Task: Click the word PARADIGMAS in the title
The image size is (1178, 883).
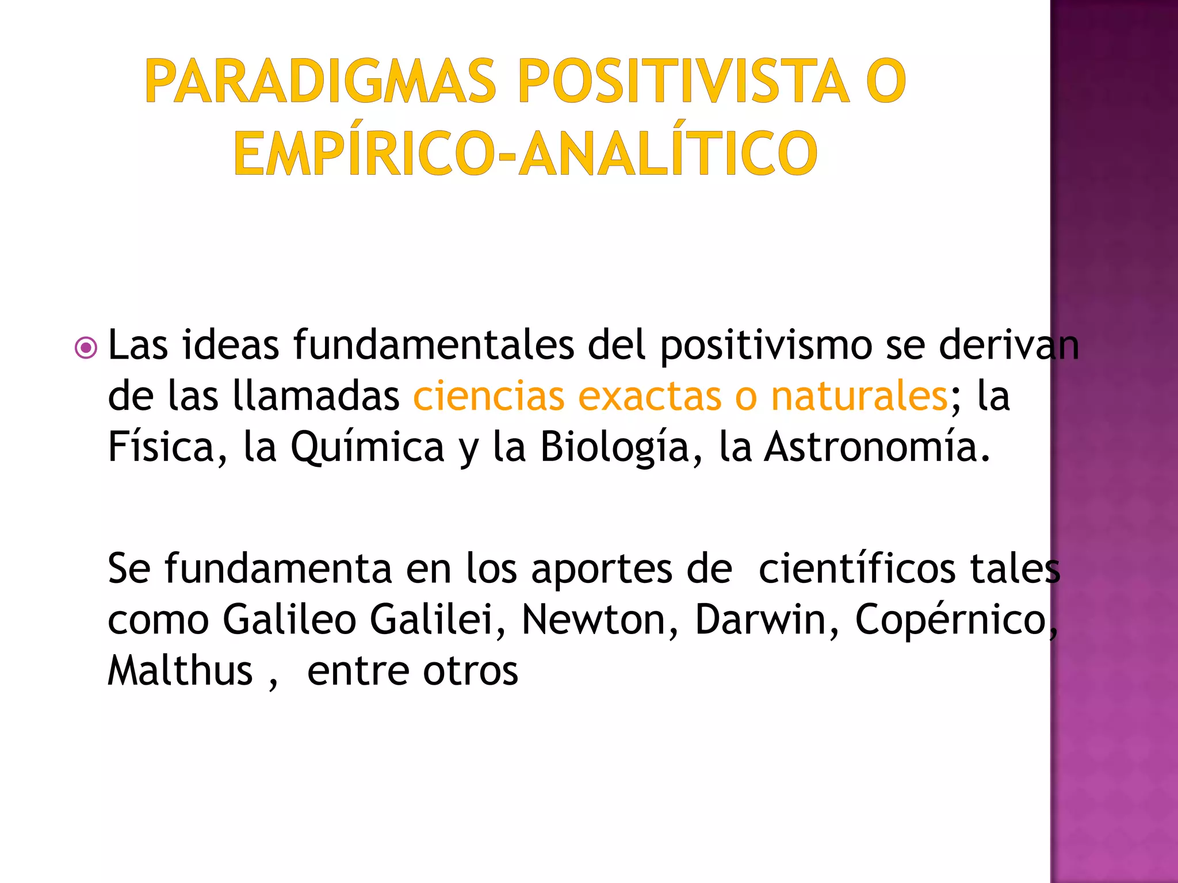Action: click(320, 81)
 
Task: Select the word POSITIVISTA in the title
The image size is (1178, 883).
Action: click(683, 81)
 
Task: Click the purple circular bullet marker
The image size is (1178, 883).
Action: click(86, 348)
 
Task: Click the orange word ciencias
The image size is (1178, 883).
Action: click(489, 397)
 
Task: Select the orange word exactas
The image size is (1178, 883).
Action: click(649, 397)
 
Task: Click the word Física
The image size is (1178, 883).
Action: click(162, 447)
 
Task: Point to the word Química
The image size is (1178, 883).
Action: click(367, 447)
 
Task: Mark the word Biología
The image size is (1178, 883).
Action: click(614, 447)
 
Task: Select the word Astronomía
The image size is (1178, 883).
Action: click(871, 447)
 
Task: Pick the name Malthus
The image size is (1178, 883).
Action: click(180, 671)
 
